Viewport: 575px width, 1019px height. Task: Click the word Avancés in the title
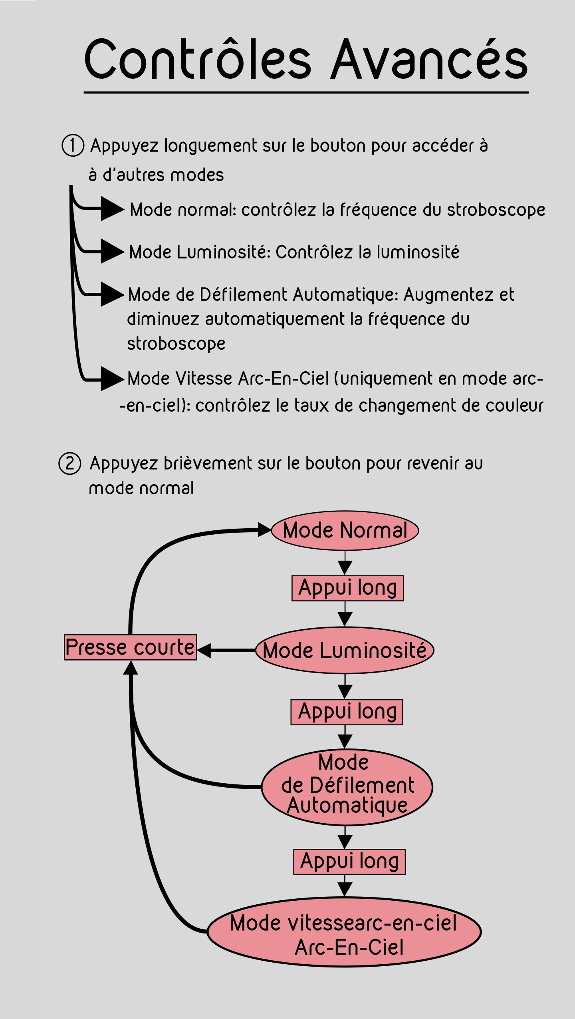pyautogui.click(x=430, y=60)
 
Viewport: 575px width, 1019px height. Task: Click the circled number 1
pyautogui.click(x=73, y=145)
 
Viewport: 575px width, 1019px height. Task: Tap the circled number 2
pyautogui.click(x=70, y=464)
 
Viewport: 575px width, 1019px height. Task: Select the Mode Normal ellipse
pyautogui.click(x=345, y=531)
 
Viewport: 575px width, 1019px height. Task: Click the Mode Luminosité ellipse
pyautogui.click(x=345, y=650)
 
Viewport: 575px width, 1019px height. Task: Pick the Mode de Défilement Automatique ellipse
pyautogui.click(x=347, y=787)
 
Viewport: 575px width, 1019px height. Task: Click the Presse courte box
pyautogui.click(x=131, y=647)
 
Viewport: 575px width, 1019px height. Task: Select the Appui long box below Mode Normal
pyautogui.click(x=347, y=588)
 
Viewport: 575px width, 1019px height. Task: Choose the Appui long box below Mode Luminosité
pyautogui.click(x=347, y=712)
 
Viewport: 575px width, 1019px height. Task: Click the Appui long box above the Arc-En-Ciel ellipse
pyautogui.click(x=349, y=862)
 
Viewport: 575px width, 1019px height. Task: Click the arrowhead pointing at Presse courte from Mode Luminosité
pyautogui.click(x=204, y=650)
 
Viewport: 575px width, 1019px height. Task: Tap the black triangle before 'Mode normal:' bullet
pyautogui.click(x=111, y=209)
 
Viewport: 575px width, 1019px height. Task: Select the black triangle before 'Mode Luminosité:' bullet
pyautogui.click(x=111, y=251)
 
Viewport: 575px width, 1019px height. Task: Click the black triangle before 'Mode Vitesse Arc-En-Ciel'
pyautogui.click(x=111, y=378)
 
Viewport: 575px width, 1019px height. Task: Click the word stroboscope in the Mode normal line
pyautogui.click(x=496, y=210)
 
